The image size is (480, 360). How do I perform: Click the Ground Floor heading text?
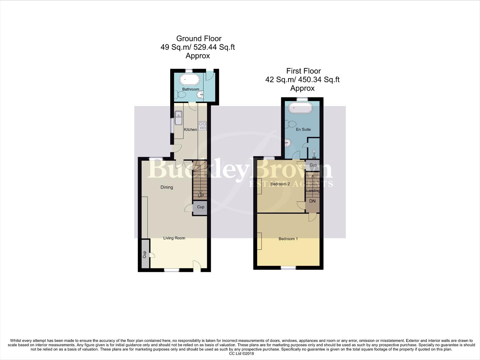click(199, 39)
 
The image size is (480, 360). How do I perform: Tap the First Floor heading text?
click(303, 71)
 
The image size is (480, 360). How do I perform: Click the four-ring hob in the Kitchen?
click(203, 126)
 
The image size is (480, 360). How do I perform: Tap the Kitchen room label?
click(191, 130)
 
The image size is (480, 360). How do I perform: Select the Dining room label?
click(167, 187)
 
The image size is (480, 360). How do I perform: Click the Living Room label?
click(174, 238)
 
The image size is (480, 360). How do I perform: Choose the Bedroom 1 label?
click(288, 239)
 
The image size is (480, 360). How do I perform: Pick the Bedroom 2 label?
click(280, 184)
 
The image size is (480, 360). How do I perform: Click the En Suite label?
click(303, 129)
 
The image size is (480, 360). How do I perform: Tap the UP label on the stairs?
click(201, 196)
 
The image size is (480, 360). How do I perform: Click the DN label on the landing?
click(312, 201)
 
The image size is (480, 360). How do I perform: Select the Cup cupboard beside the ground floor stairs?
click(201, 207)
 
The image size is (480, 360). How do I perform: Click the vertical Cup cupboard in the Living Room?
click(145, 254)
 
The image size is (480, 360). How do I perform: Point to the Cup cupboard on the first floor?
click(313, 165)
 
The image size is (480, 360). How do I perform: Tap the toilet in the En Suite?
click(291, 124)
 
